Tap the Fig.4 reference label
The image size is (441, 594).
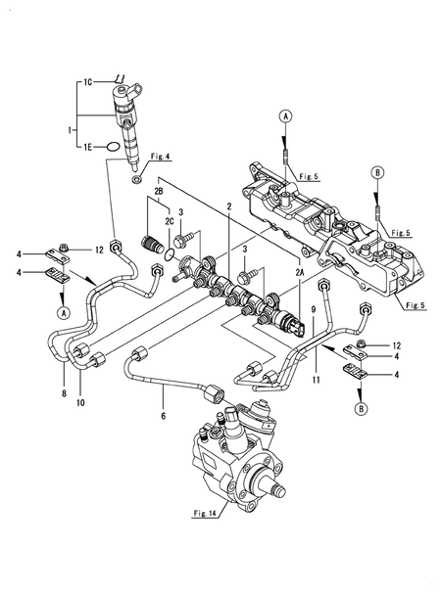[x=161, y=157]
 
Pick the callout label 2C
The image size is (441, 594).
[x=169, y=223]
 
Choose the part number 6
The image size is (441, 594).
[x=162, y=415]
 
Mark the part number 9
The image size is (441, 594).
[x=313, y=310]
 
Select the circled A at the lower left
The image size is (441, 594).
[x=62, y=313]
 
